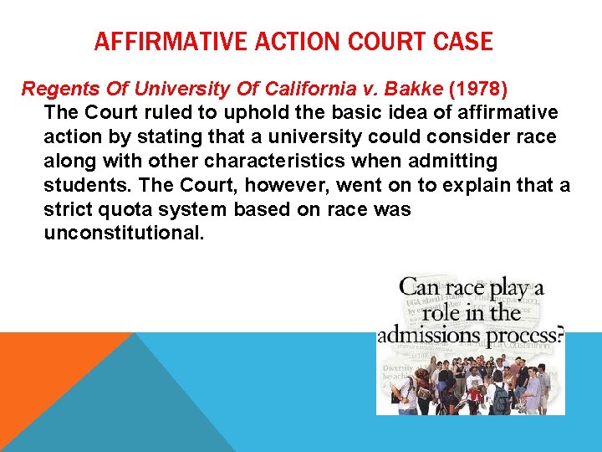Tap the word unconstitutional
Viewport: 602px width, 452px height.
point(123,234)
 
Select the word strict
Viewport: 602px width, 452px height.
point(65,209)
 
